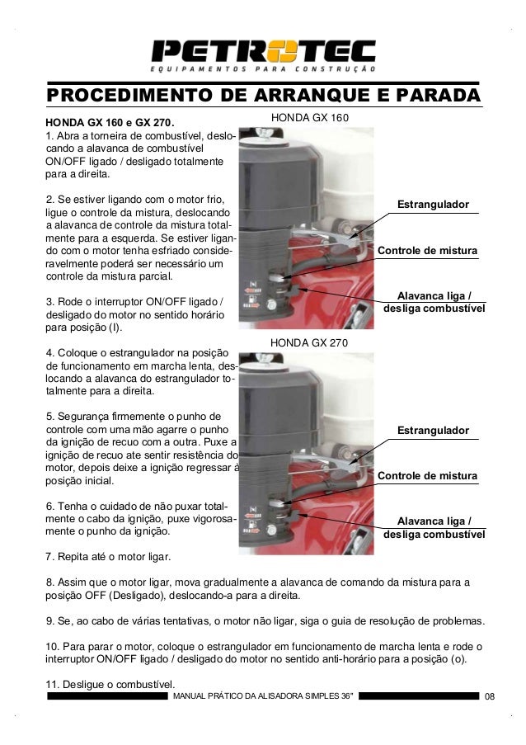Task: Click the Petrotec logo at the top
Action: click(x=263, y=51)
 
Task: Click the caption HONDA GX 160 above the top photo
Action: click(x=310, y=119)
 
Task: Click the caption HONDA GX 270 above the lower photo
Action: click(x=310, y=342)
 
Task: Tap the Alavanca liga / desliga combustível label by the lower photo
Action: click(x=434, y=528)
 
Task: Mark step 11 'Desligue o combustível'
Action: click(x=110, y=684)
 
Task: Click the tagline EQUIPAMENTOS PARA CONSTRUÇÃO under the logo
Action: click(x=263, y=68)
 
